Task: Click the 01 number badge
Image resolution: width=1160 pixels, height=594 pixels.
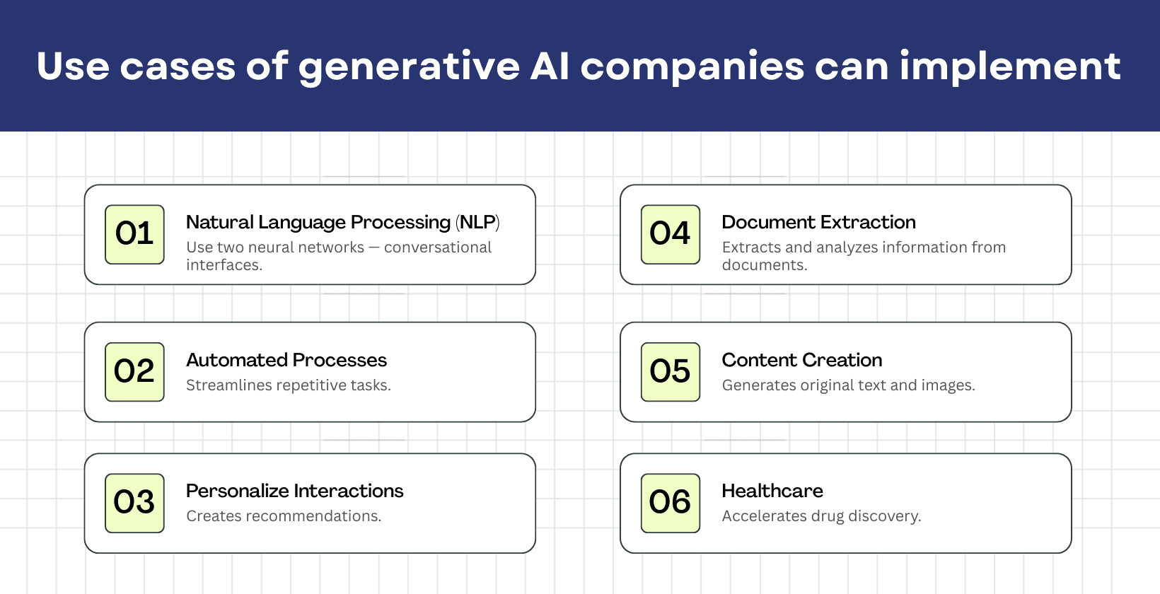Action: [x=134, y=234]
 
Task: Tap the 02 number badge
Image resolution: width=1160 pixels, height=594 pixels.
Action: [x=134, y=372]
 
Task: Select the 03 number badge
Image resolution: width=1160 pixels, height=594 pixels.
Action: [x=134, y=503]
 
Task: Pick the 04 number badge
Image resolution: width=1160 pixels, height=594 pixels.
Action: [x=670, y=234]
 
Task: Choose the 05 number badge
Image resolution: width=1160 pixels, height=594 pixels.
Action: [x=670, y=372]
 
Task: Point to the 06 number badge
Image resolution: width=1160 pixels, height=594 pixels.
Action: [x=670, y=503]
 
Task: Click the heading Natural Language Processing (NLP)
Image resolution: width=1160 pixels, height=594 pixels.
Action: [x=342, y=222]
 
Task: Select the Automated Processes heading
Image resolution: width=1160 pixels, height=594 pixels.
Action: [x=286, y=360]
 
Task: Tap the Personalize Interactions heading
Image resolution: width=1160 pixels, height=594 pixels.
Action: [x=294, y=491]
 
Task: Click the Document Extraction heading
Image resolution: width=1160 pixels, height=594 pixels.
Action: [x=818, y=222]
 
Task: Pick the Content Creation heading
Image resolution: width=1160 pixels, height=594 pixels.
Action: [x=801, y=360]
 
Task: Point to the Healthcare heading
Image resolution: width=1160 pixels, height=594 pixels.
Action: [x=772, y=491]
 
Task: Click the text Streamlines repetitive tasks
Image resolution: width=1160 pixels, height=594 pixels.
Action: [x=288, y=385]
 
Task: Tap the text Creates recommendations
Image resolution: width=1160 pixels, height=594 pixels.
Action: [x=284, y=516]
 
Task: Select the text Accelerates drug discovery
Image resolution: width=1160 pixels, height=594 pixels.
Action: [x=821, y=516]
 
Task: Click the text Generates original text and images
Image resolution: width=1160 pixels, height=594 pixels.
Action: [x=848, y=385]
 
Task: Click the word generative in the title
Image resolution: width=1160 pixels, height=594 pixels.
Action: [x=409, y=67]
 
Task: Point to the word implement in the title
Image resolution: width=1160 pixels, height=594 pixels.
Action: [x=1009, y=67]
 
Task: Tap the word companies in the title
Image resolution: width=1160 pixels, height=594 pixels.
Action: [x=692, y=67]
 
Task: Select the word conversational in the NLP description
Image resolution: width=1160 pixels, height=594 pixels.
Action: [x=437, y=248]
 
